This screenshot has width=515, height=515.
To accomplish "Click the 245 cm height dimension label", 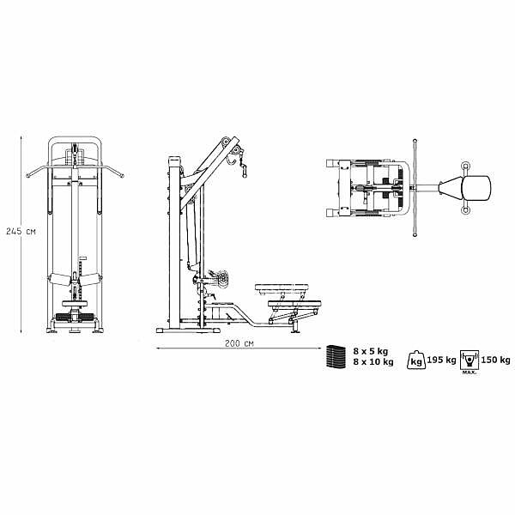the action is [21, 231].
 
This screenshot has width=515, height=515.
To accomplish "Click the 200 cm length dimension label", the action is [239, 343].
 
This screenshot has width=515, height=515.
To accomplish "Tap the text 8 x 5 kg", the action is [371, 351].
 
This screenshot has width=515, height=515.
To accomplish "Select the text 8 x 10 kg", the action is [373, 362].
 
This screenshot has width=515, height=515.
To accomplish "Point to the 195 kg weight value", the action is [441, 360].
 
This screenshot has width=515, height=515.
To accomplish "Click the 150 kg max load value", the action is [495, 360].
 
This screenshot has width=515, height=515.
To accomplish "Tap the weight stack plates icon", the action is [336, 356].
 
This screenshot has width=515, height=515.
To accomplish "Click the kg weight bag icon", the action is [416, 360].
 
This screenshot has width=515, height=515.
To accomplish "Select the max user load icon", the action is [470, 360].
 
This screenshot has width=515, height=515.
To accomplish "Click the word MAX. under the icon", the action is [470, 373].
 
